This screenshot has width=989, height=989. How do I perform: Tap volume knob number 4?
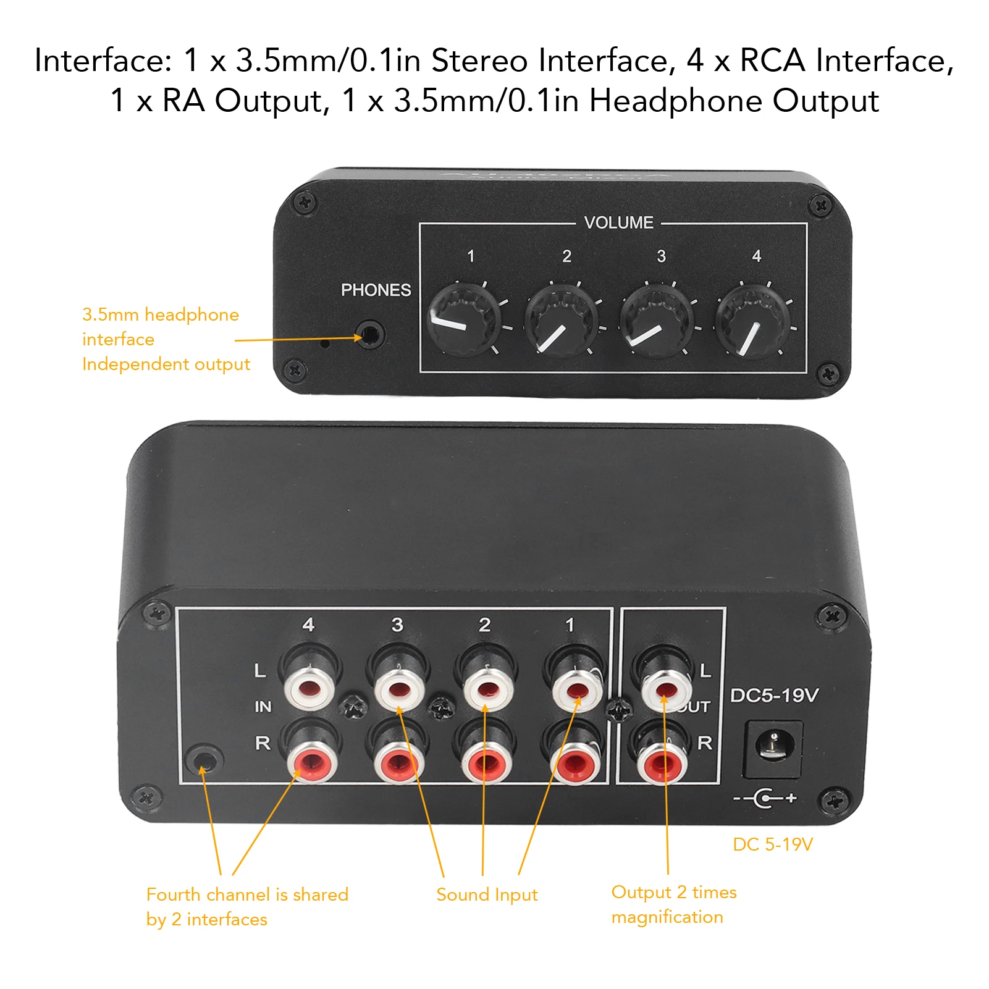753,321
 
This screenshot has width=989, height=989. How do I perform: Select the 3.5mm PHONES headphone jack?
370,335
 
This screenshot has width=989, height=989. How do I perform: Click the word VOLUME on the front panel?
618,222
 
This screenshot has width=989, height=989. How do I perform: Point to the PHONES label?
376,290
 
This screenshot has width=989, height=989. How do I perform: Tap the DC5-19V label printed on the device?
774,696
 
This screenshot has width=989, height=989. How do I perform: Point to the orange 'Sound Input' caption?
487,894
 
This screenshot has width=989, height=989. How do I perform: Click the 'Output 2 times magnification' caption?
673,904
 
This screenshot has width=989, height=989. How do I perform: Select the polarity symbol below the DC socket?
765,798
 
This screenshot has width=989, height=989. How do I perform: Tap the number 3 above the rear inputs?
397,625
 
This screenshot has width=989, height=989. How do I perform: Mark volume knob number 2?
561,320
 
